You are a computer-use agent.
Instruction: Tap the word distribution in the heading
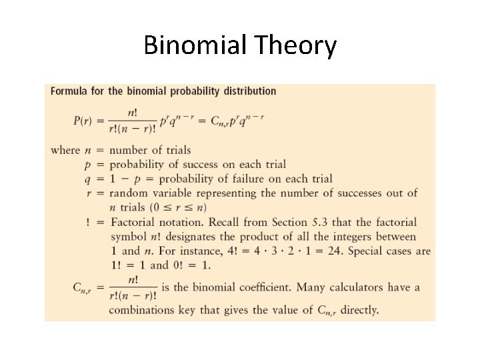249,91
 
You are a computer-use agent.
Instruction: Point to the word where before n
65,150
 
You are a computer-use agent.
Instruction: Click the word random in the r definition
130,193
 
